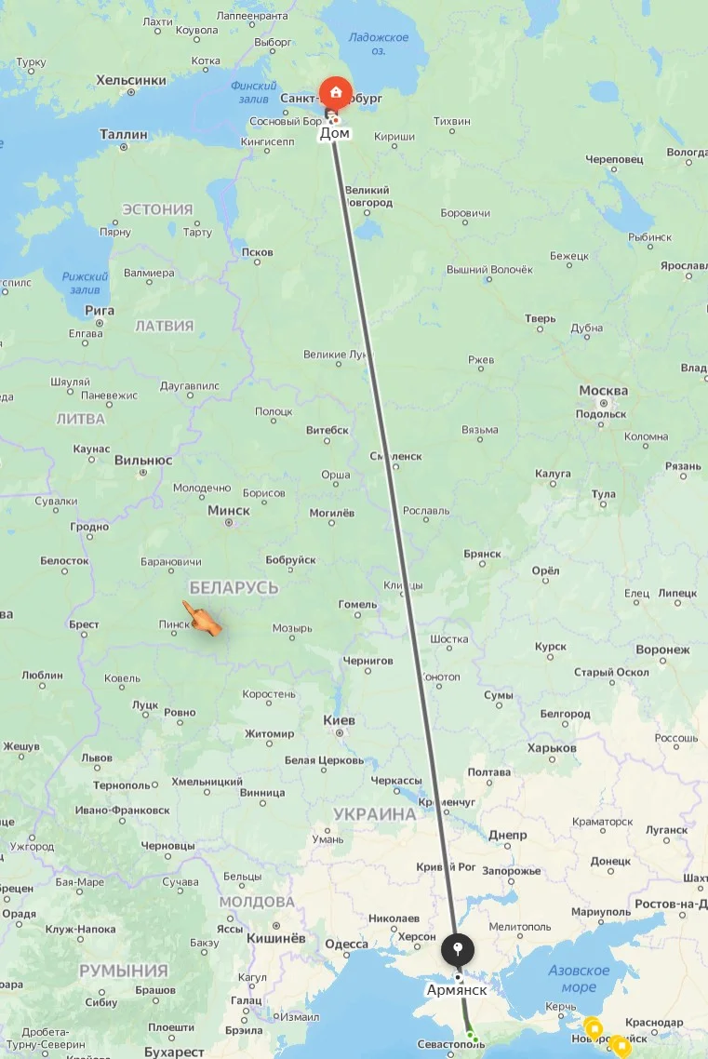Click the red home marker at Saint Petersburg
(x=335, y=93)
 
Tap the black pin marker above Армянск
(x=457, y=950)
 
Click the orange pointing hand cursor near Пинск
(x=202, y=619)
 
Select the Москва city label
(x=603, y=390)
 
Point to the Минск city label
(x=229, y=510)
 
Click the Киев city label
(x=340, y=720)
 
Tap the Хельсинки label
(x=131, y=81)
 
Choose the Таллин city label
(x=124, y=135)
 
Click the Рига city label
(x=100, y=310)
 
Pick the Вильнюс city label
(x=143, y=460)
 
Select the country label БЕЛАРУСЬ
(x=234, y=587)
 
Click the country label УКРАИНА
(x=375, y=814)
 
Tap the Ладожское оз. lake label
(x=379, y=44)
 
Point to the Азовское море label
(x=579, y=979)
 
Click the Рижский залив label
(x=86, y=283)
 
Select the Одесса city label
(x=347, y=944)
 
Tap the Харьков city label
(x=552, y=747)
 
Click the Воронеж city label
(x=663, y=650)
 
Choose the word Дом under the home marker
(x=335, y=134)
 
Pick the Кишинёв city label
(x=276, y=938)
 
